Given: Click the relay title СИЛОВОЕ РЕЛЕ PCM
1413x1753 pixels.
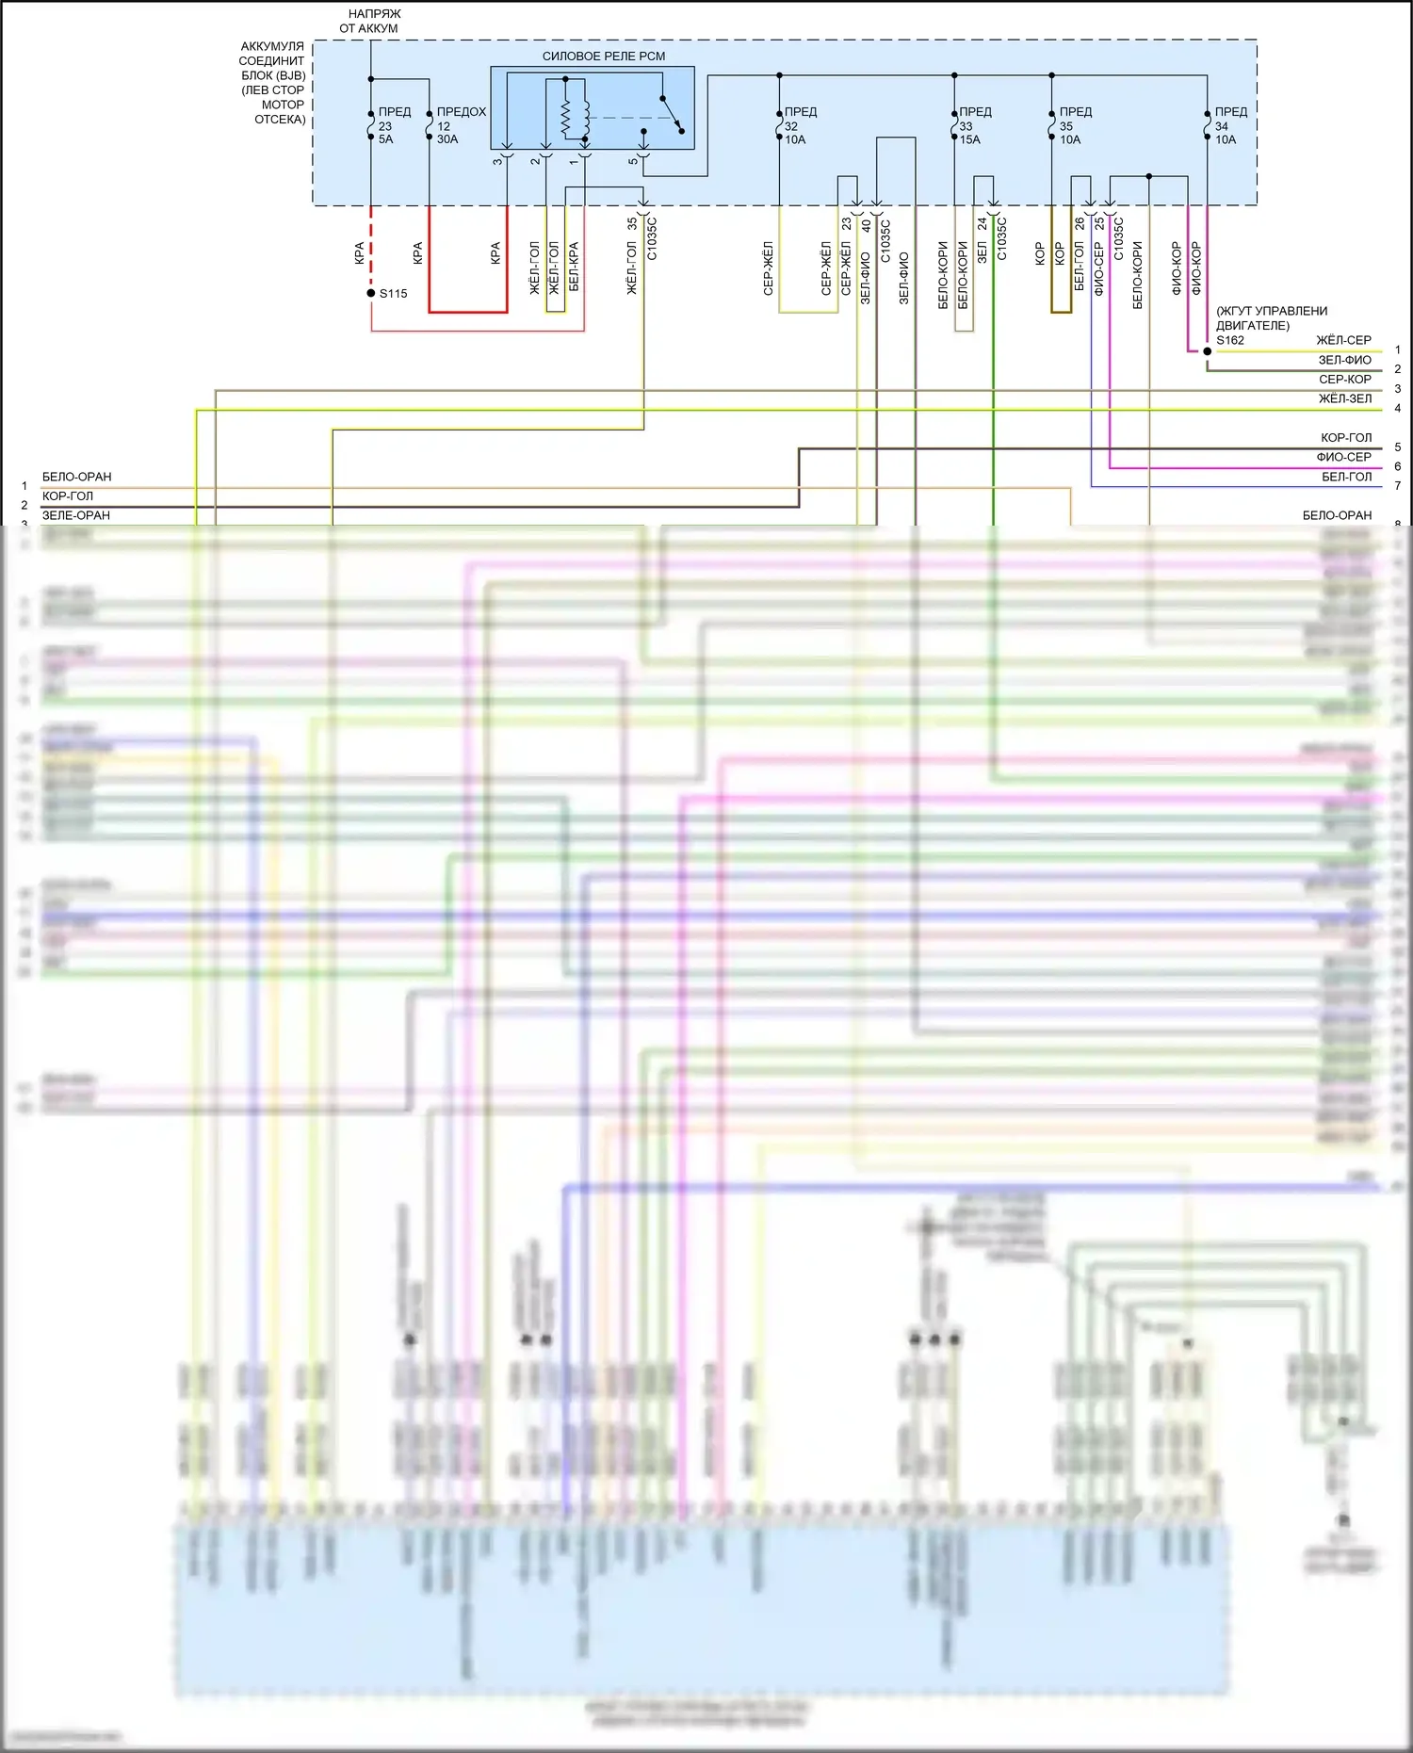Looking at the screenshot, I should point(603,57).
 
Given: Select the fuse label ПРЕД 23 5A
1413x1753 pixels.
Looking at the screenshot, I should point(394,125).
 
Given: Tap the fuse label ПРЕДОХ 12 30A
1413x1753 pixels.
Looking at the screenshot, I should point(461,125).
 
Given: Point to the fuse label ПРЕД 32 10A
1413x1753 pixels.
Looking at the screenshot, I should point(800,125).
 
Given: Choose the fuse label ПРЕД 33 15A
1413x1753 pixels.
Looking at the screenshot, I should point(974,125).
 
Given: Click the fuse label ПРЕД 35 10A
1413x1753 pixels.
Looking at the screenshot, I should point(1075,125).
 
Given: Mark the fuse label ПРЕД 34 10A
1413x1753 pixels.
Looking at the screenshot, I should point(1229,125).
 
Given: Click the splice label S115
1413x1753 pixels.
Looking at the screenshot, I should point(393,294).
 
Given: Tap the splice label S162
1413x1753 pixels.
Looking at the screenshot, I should point(1229,340).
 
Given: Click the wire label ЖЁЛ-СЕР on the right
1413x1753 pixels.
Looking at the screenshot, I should point(1343,340).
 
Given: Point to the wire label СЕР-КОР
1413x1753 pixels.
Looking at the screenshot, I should point(1344,380).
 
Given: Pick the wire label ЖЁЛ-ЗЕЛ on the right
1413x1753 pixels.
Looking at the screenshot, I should point(1344,399).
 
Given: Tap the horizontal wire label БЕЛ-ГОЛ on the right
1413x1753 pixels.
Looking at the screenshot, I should point(1346,478).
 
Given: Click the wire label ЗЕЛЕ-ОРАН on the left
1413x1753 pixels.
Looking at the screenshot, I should point(76,515).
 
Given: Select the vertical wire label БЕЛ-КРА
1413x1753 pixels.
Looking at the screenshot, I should point(574,267).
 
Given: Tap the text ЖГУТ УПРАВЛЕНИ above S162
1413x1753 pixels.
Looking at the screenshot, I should point(1272,312).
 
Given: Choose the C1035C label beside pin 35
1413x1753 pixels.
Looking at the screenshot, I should point(652,238).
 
